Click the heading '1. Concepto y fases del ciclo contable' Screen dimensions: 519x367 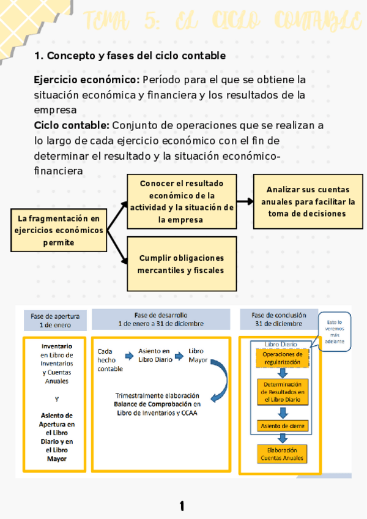(130, 56)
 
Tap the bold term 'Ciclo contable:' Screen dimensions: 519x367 (72, 125)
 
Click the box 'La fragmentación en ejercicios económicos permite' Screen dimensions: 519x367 (58, 230)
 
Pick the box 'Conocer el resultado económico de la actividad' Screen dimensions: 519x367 (182, 201)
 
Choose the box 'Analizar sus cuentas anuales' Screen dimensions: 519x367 (308, 201)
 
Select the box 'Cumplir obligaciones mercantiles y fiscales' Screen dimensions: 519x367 (181, 264)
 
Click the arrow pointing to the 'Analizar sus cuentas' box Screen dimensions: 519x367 (245, 201)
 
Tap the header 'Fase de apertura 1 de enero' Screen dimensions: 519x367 (55, 319)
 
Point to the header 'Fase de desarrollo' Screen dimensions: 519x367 (161, 319)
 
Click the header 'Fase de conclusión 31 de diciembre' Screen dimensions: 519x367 (278, 319)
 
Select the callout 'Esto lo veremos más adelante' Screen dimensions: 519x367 (335, 332)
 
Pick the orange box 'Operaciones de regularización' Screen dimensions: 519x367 (281, 358)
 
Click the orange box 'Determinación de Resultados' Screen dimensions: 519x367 (281, 392)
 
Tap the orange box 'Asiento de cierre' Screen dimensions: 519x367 (282, 425)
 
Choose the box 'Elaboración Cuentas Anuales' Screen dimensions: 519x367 (281, 453)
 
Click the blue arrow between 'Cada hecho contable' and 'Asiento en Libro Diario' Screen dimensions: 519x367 (129, 355)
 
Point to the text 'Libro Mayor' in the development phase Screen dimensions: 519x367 (197, 355)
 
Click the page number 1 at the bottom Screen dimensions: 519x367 (182, 506)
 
